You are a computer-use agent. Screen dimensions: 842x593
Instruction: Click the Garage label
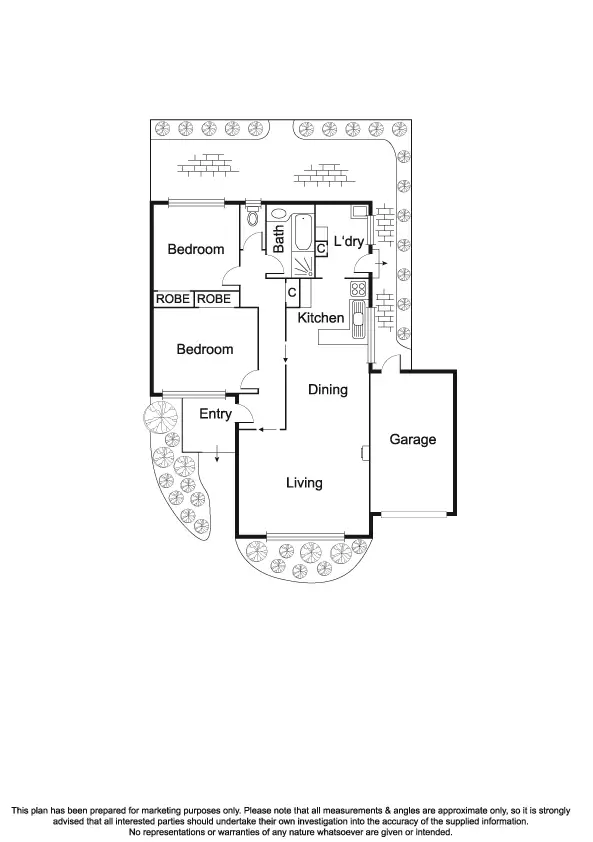coord(412,439)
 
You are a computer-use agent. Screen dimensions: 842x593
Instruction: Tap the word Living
coord(304,483)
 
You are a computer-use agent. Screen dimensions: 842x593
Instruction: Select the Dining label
coord(327,389)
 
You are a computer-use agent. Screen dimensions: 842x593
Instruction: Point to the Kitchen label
coord(321,318)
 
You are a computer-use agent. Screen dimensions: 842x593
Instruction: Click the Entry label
coord(215,414)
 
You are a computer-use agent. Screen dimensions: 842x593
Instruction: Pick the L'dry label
coord(348,242)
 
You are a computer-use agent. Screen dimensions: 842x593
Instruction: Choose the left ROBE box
coord(173,299)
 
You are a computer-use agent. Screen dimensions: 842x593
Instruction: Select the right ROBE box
coord(213,299)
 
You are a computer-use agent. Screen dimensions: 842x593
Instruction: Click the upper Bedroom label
coord(195,249)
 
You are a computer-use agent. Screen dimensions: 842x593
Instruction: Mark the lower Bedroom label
coord(205,349)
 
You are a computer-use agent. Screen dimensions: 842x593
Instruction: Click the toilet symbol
coord(253,217)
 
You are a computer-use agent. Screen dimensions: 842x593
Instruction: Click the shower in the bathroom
coord(301,265)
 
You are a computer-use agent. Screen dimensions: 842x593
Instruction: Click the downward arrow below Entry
coord(217,459)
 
